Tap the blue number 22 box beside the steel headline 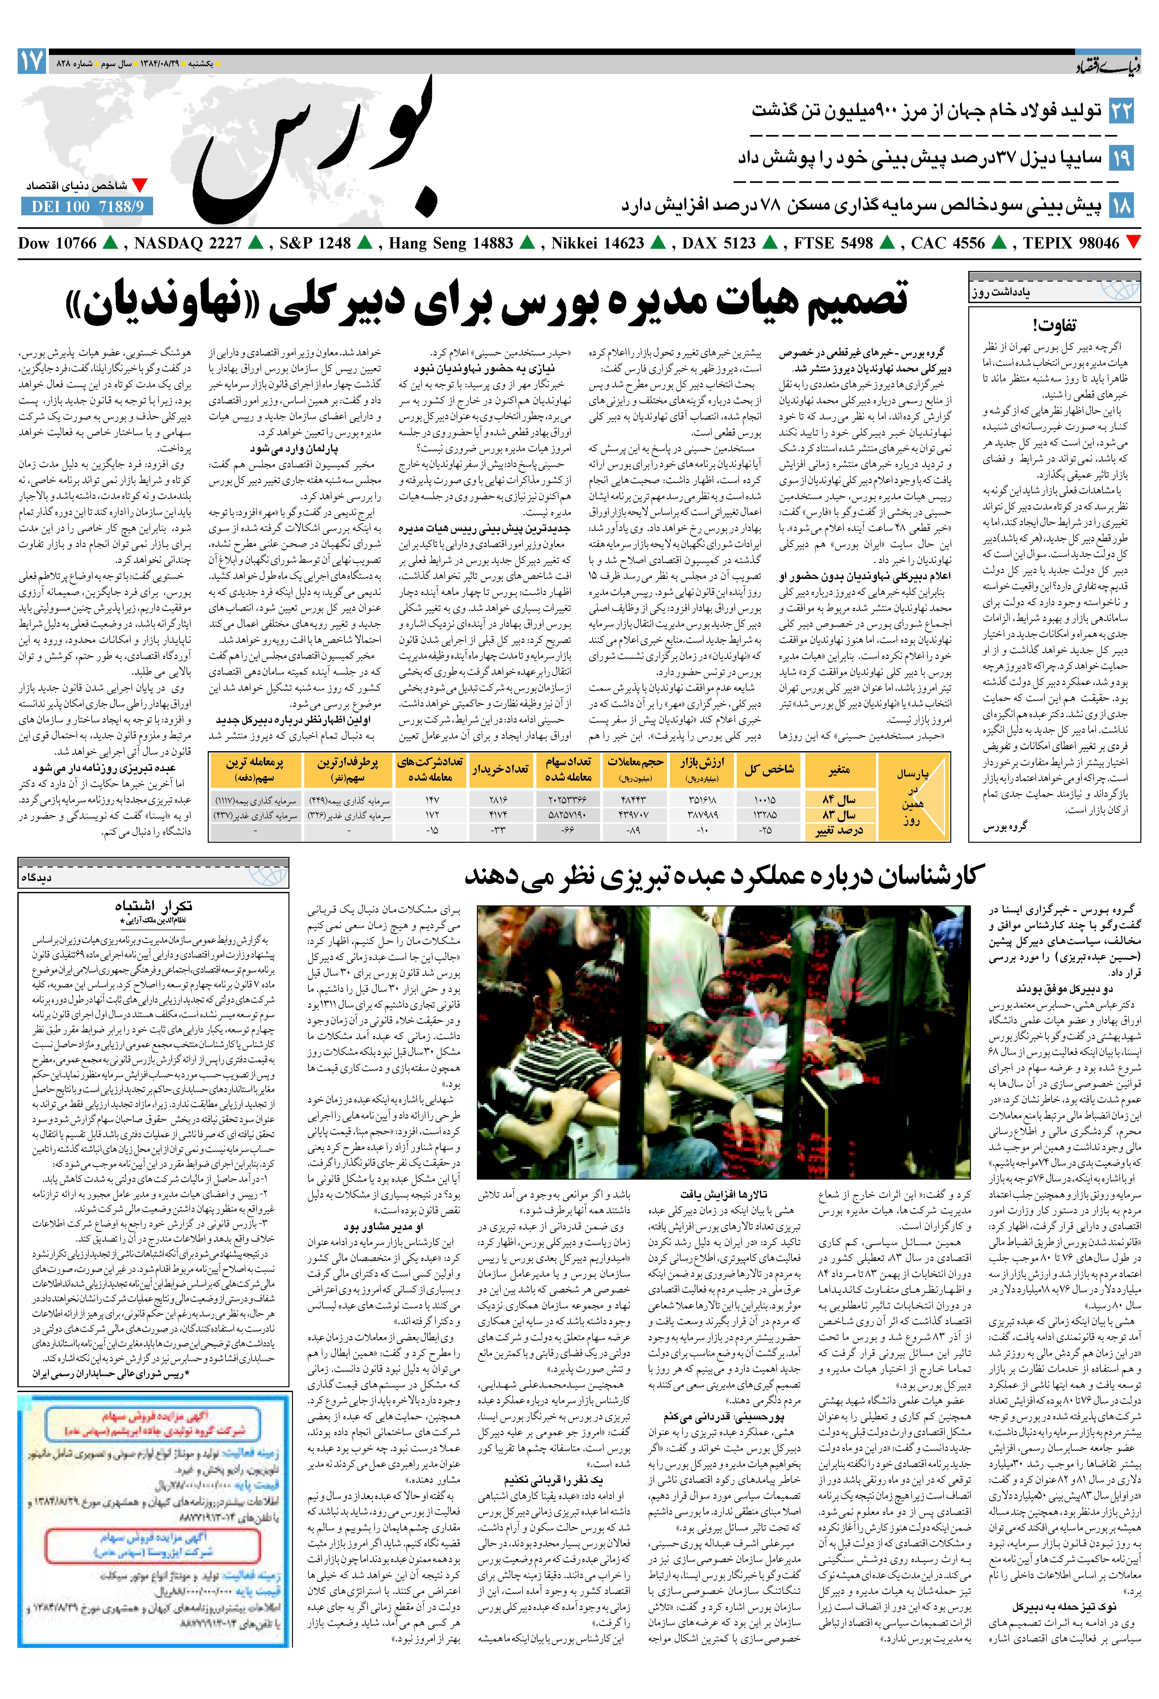coord(1121,111)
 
